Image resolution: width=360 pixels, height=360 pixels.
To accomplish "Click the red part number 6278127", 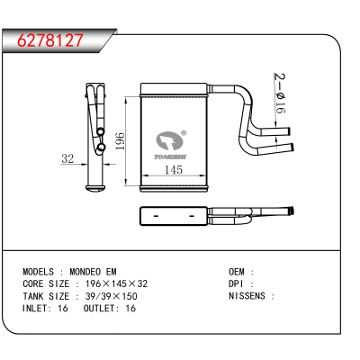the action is [49, 40].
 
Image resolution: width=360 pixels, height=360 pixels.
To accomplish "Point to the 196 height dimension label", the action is [120, 141].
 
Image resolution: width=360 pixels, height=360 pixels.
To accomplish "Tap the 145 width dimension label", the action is [174, 170].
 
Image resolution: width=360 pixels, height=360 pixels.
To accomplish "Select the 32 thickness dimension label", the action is [67, 158].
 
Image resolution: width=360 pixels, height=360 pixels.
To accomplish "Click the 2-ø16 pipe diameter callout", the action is [280, 94].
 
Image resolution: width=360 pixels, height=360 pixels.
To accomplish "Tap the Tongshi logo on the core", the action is [170, 145].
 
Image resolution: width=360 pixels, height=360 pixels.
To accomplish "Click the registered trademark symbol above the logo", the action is [184, 133].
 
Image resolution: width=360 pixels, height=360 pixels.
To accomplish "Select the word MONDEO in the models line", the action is [85, 272].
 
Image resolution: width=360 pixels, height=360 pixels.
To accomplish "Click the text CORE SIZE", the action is [46, 283].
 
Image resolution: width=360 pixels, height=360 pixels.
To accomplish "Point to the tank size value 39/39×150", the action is [112, 296].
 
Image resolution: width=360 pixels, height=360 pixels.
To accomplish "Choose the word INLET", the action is [34, 309].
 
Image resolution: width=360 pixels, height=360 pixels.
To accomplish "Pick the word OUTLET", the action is [99, 309].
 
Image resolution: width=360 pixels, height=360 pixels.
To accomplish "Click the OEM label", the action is [237, 272].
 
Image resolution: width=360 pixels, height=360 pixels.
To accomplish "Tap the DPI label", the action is [236, 283].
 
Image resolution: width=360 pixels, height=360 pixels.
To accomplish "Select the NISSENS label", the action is [247, 296].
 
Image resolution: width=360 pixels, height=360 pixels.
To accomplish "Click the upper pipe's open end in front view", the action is [289, 131].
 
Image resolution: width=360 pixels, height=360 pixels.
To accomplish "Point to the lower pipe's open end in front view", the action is [292, 147].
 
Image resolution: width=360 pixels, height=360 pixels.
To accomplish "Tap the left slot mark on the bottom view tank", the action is [156, 216].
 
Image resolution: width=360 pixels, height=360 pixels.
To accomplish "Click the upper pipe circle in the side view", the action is [101, 131].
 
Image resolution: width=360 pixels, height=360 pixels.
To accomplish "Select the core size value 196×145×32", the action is [116, 283].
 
